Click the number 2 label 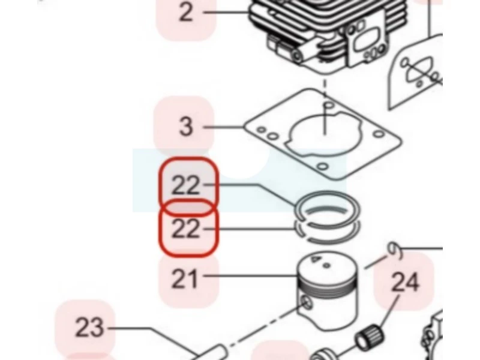pos(186,12)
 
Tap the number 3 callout pos(186,126)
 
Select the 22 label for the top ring pos(186,185)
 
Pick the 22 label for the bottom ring pos(186,229)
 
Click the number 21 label pos(184,278)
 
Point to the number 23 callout pos(89,328)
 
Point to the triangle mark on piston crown pos(315,259)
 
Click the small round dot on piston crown pos(326,265)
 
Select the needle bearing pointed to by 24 pos(369,336)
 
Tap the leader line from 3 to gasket pos(223,127)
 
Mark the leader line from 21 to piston pos(251,276)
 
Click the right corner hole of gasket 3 pos(379,134)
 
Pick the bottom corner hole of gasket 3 pos(323,167)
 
